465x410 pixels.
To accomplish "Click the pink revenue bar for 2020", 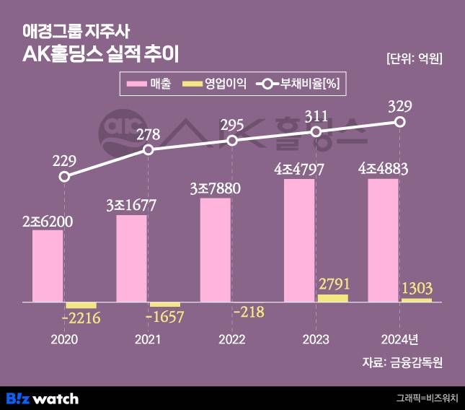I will click(48, 266).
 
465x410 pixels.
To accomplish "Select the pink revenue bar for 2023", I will click(299, 240).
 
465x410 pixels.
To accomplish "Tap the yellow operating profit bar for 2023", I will click(332, 297).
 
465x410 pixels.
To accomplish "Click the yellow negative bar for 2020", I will click(81, 305).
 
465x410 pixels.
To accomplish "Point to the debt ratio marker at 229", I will click(65, 176).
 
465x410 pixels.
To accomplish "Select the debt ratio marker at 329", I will click(399, 123).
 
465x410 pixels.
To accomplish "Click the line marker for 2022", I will click(232, 140).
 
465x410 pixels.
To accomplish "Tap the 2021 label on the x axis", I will click(148, 339).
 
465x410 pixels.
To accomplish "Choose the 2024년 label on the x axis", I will click(399, 339).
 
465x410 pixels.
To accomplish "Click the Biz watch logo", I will click(43, 398).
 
